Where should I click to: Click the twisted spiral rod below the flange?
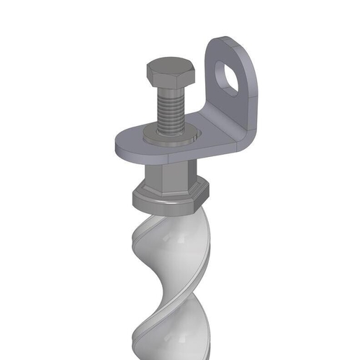(169, 274)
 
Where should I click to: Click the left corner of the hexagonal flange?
(132, 193)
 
